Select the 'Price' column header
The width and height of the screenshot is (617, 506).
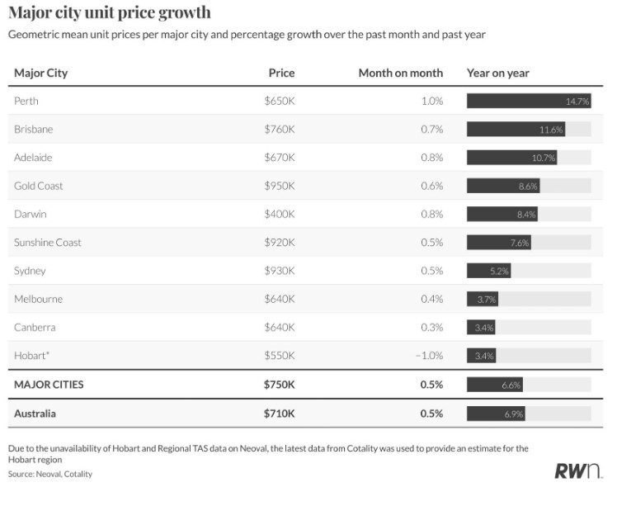(x=281, y=73)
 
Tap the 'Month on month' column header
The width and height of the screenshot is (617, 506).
(x=400, y=73)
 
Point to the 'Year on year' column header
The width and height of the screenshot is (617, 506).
(x=497, y=73)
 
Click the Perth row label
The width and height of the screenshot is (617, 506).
(x=26, y=101)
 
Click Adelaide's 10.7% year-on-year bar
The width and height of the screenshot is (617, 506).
(x=512, y=158)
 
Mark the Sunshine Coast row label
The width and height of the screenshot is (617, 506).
(x=47, y=243)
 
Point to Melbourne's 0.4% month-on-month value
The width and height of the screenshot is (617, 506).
(x=431, y=299)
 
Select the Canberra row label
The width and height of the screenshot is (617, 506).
(x=35, y=327)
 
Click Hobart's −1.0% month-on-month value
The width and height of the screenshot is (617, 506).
(x=428, y=356)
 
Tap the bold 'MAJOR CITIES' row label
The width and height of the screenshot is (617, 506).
(x=49, y=385)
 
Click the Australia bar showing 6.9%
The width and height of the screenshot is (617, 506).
(x=496, y=413)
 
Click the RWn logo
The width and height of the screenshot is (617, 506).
(x=578, y=471)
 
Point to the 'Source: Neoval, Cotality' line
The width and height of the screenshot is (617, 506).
(x=50, y=474)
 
